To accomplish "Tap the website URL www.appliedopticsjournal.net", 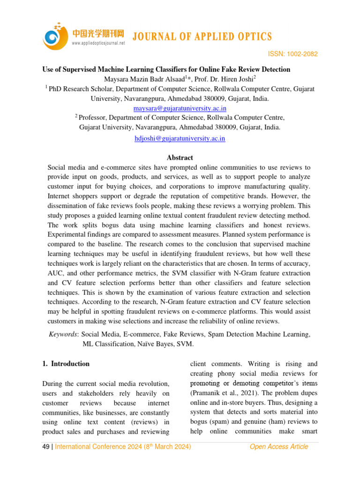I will pyautogui.click(x=98, y=43).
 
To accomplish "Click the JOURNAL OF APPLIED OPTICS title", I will pyautogui.click(x=202, y=37).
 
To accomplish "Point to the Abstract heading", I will pyautogui.click(x=180, y=158).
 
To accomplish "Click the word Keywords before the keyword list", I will pyautogui.click(x=63, y=334).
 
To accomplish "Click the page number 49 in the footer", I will pyautogui.click(x=46, y=447).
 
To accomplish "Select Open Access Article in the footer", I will pyautogui.click(x=279, y=447).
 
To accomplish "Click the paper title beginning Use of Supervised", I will pyautogui.click(x=166, y=69).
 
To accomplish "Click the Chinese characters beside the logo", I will pyautogui.click(x=98, y=33).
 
